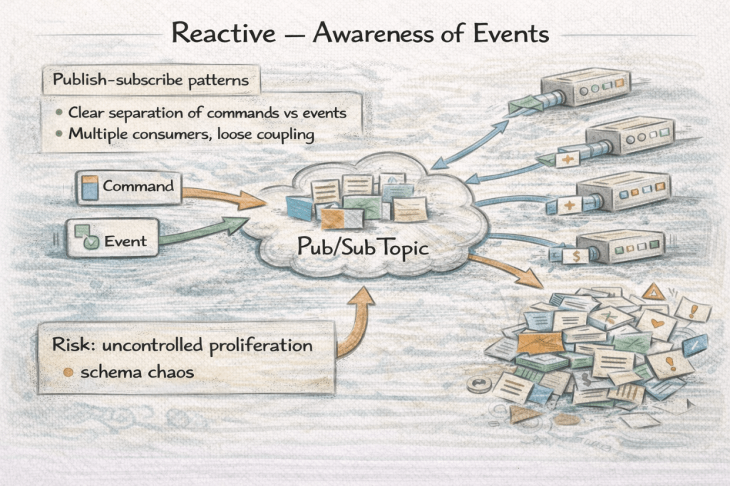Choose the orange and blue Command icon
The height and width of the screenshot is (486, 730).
88,187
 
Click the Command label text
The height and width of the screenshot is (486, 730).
138,187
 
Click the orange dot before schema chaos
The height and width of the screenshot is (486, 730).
68,372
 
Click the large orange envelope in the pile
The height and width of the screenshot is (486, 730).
540,343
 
